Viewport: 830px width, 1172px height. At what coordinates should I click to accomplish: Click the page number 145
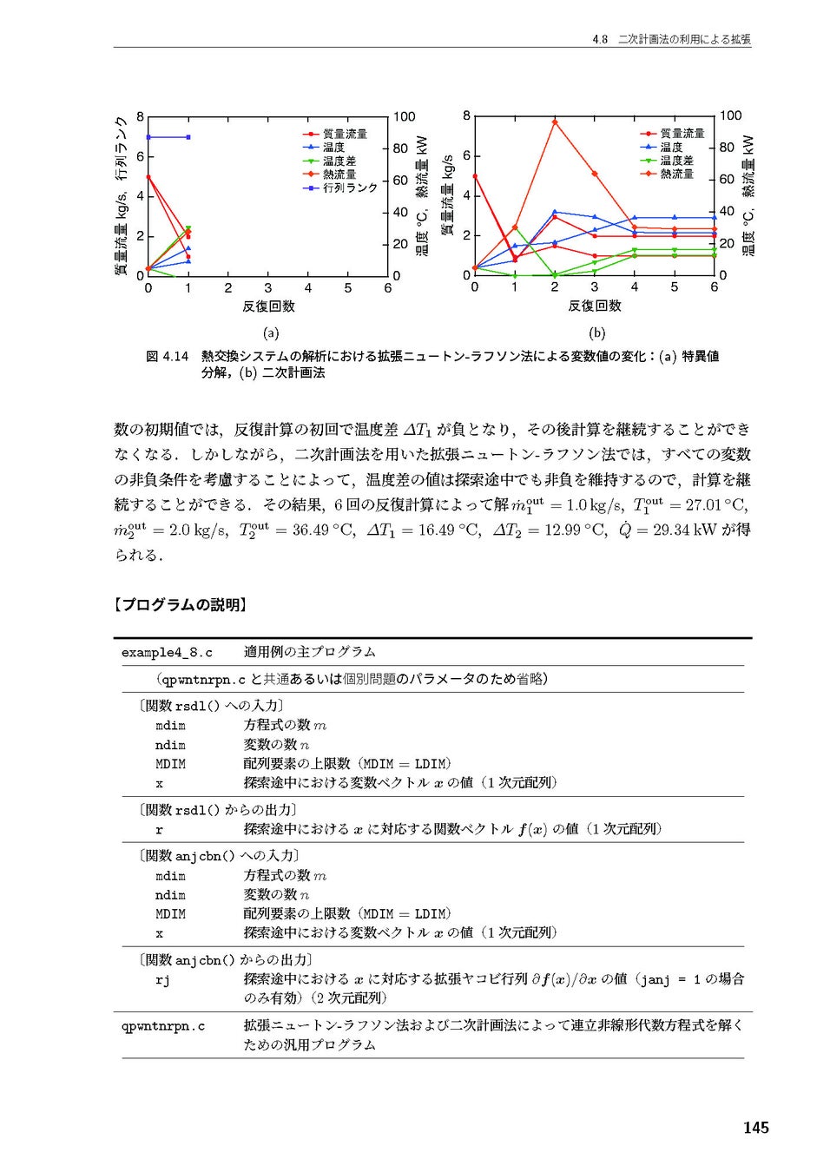(754, 1127)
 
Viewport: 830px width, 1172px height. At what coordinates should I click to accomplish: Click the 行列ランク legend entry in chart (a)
(350, 188)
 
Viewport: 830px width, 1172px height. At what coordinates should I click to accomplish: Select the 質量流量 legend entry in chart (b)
(682, 133)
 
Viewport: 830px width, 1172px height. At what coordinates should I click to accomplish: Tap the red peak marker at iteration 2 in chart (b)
(555, 122)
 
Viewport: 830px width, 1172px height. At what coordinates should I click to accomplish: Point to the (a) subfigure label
(271, 333)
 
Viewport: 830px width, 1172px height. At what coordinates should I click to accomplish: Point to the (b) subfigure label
(596, 333)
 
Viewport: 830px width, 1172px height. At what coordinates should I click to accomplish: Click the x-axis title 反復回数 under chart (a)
(268, 306)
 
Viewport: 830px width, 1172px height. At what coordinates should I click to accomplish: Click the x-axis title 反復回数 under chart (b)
(595, 306)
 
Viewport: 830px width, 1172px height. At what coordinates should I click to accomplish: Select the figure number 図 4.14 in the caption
(167, 356)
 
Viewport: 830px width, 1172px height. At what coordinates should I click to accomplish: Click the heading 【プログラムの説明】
(180, 605)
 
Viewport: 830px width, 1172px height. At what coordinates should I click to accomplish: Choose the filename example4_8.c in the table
(167, 652)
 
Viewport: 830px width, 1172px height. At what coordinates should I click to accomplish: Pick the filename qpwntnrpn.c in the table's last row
(163, 1025)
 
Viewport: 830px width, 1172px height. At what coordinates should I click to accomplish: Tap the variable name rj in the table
(162, 979)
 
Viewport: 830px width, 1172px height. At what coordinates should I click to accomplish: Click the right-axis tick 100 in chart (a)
(405, 116)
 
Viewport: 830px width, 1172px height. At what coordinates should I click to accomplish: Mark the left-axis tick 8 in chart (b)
(466, 115)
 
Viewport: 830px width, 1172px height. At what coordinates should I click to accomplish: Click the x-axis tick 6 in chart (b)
(714, 286)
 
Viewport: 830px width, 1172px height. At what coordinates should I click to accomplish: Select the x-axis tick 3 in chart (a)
(267, 287)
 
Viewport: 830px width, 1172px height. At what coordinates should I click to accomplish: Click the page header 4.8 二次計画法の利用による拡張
(671, 39)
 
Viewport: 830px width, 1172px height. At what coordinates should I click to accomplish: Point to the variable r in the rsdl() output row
(159, 829)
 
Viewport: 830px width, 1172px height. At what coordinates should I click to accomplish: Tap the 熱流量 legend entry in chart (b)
(676, 174)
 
